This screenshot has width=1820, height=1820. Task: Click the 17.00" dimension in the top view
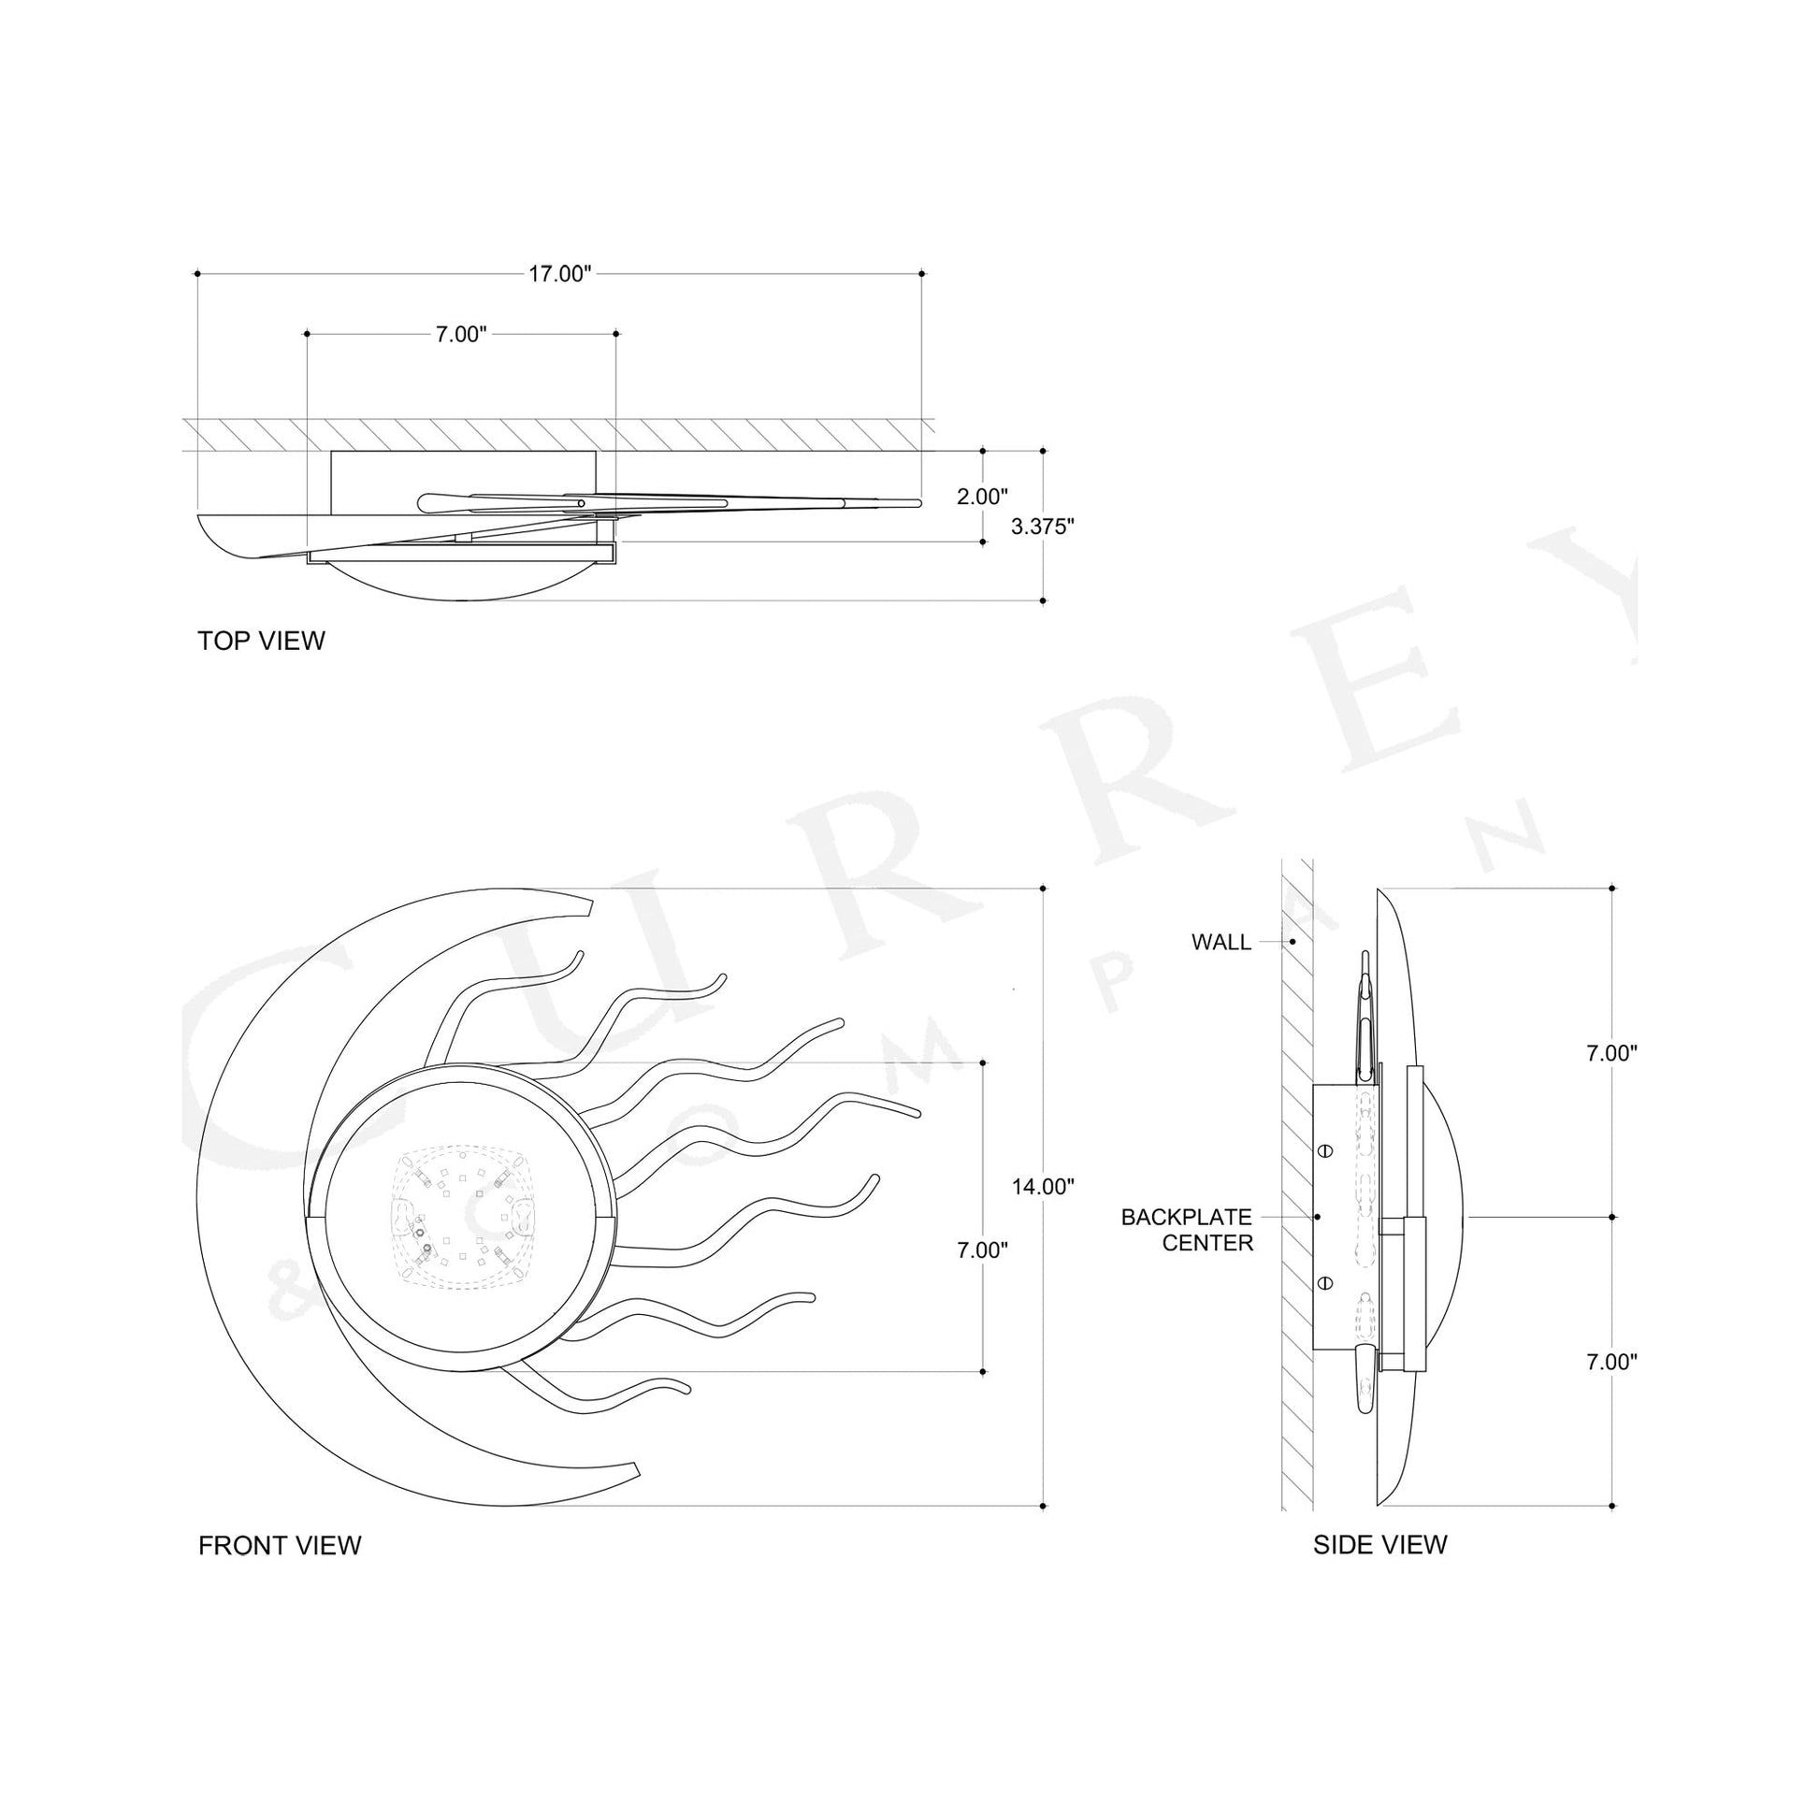[558, 274]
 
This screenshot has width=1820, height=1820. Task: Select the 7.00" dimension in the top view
[461, 335]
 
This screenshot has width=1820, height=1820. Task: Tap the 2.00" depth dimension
[983, 497]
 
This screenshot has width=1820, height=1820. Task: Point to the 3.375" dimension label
[1043, 527]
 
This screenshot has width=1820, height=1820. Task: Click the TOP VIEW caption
[261, 641]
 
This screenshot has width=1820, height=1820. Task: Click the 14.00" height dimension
[1043, 1186]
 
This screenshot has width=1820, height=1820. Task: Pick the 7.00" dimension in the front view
[983, 1250]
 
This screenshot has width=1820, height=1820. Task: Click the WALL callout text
[1221, 942]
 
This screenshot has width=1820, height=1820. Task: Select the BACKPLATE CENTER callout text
[1187, 1230]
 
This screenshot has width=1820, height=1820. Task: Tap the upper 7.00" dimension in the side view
[1611, 1054]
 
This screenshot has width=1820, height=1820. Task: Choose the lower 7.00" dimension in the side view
[1611, 1361]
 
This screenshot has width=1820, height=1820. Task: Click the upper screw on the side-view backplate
[1324, 1151]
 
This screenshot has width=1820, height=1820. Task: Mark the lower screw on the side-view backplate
[1324, 1282]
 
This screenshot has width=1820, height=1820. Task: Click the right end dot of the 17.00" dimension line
[922, 274]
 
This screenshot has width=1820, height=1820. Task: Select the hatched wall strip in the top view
[556, 434]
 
